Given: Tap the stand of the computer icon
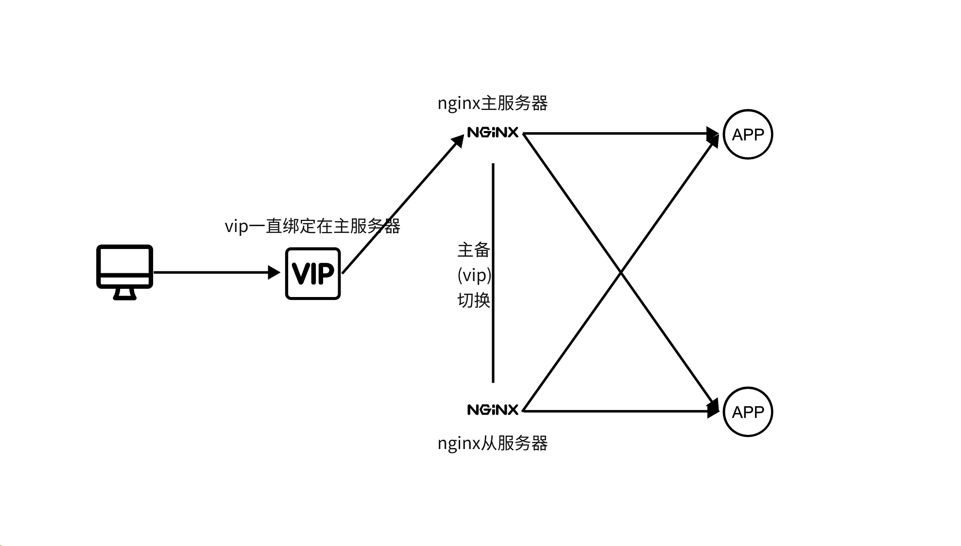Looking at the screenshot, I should (124, 294).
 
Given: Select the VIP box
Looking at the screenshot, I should (313, 273).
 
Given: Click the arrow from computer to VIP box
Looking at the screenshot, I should (214, 272).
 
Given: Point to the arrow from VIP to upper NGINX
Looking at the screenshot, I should (403, 204).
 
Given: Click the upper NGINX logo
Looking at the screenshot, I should (493, 132).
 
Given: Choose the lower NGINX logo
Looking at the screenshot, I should (493, 410).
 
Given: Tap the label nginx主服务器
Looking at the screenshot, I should (493, 103).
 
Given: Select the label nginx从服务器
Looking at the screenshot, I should (493, 443).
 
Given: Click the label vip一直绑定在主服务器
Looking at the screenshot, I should (312, 226).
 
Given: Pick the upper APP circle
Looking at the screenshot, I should (748, 134).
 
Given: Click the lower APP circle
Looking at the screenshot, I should (748, 412).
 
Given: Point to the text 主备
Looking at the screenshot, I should (473, 250).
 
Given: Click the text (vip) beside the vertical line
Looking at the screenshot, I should (474, 275).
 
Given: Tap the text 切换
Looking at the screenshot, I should (473, 300).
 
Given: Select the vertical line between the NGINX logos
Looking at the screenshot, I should (493, 340).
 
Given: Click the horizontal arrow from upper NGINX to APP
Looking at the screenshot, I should (617, 133).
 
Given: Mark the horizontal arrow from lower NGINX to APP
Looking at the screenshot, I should (617, 411).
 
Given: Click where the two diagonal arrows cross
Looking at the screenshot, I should (621, 273).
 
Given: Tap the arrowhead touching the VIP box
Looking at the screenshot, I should (275, 272).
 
